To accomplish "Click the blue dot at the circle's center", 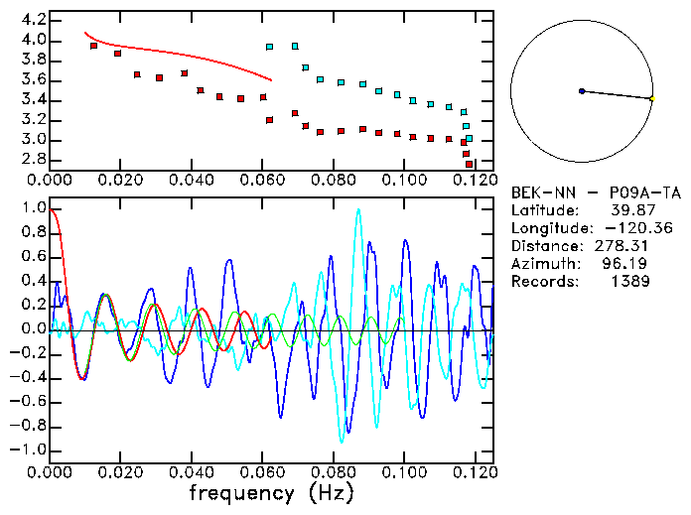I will [582, 91].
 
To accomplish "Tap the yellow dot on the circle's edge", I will [651, 99].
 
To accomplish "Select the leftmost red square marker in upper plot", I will [93, 46].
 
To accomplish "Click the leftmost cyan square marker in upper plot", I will [269, 47].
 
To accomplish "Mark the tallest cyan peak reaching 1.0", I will [358, 210].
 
